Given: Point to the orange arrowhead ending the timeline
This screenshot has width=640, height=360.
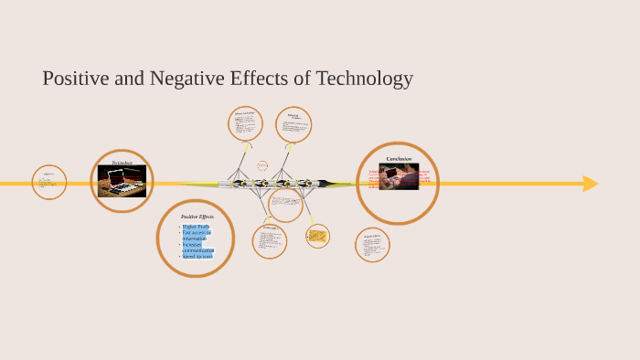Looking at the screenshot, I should [x=591, y=184].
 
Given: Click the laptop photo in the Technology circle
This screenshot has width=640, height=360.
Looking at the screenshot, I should [x=122, y=181].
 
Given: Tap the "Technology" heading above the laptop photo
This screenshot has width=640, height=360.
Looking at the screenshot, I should [x=122, y=163].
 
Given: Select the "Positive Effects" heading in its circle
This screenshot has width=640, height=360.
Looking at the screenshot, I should [x=197, y=217].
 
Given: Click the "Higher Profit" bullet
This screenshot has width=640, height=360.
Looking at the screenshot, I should [x=196, y=226].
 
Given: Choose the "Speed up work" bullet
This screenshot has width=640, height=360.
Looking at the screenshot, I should [x=197, y=257].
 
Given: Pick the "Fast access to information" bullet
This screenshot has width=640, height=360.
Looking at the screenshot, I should [x=197, y=235].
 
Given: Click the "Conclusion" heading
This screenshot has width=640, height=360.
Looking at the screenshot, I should [x=399, y=159].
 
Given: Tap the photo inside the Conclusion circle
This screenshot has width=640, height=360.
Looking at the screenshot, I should [x=399, y=176].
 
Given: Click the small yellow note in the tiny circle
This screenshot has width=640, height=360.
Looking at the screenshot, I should [x=317, y=237].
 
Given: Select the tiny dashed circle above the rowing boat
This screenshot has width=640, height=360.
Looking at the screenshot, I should [x=262, y=166].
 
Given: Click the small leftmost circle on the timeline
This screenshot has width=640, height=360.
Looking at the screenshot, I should [x=49, y=182].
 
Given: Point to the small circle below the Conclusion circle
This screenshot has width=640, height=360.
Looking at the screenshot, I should [x=372, y=245].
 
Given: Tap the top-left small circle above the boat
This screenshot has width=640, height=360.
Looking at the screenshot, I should [x=245, y=124].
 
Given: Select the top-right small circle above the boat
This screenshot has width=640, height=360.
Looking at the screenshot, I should [x=293, y=125].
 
